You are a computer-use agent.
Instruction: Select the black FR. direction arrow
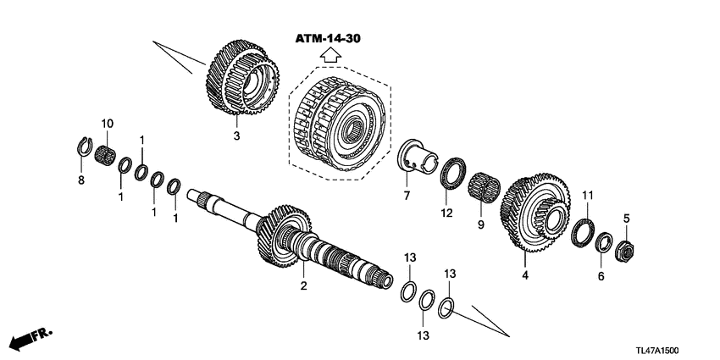coord(25,340)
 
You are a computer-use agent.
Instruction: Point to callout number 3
coord(237,136)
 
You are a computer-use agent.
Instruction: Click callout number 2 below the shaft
coord(302,286)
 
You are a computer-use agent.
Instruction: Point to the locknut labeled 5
coord(624,250)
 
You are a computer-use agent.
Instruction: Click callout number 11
coord(586,197)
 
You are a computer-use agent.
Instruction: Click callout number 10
coord(107,125)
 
